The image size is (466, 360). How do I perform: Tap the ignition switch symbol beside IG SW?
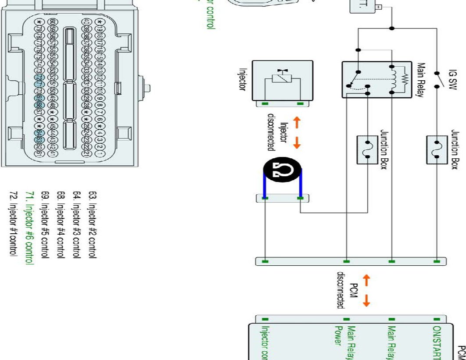tap(437, 79)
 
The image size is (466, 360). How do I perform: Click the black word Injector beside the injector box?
tap(241, 79)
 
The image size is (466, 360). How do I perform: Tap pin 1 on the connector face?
tap(100, 154)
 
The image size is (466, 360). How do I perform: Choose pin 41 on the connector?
tap(52, 154)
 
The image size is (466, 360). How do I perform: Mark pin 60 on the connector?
tap(52, 22)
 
